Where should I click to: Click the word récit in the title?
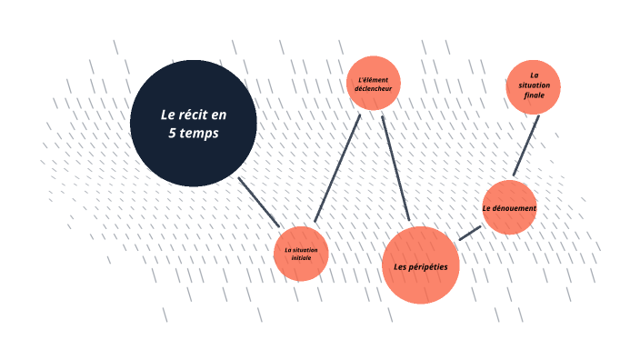(192, 115)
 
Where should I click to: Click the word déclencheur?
(374, 89)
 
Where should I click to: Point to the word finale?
(534, 95)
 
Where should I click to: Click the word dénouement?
(515, 208)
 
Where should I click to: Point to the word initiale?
(301, 258)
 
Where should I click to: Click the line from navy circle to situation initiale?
(259, 201)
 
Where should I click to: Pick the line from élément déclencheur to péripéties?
(395, 168)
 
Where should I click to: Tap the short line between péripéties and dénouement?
(470, 233)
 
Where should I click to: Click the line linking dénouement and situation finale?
(525, 145)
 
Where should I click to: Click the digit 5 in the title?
(172, 133)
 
